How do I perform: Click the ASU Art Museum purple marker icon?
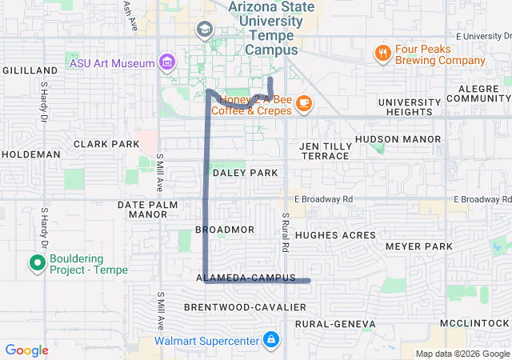click(x=166, y=62)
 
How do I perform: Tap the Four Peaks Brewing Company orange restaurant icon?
click(x=383, y=54)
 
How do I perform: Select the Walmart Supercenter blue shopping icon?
click(x=271, y=340)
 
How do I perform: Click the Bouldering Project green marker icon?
click(x=36, y=262)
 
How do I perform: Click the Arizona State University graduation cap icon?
click(x=204, y=30)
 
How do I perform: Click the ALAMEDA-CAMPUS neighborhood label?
click(x=241, y=278)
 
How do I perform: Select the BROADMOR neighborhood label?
click(x=225, y=230)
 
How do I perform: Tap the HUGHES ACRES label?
click(x=335, y=235)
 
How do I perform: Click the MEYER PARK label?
click(x=418, y=247)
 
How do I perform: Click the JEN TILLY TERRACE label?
click(x=325, y=151)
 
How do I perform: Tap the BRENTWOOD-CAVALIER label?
click(x=245, y=308)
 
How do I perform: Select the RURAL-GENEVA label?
click(x=334, y=324)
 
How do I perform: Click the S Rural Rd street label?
click(x=284, y=226)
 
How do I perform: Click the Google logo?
click(x=26, y=350)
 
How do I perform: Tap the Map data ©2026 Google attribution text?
click(x=462, y=354)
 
